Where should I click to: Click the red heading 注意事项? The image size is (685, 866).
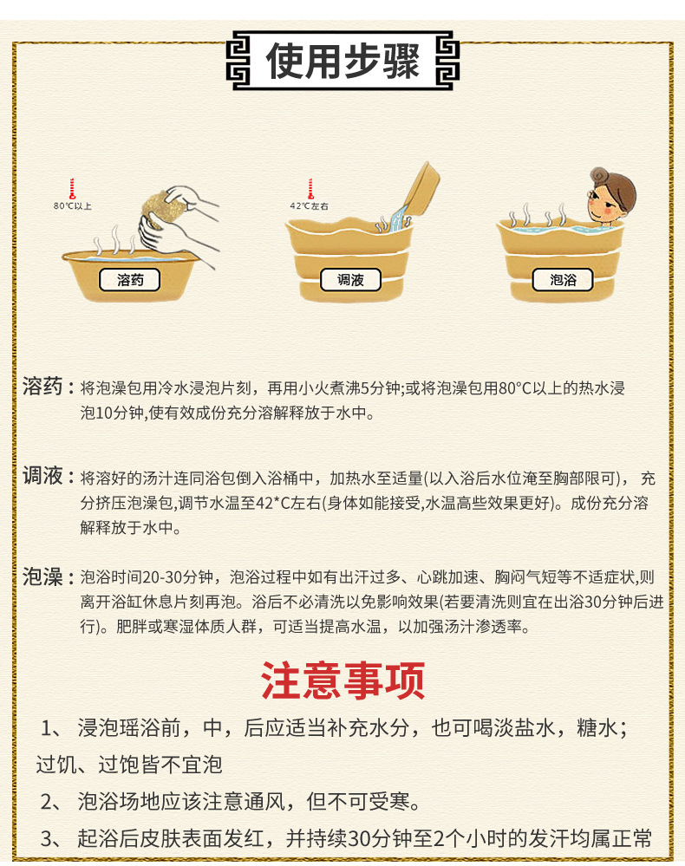point(342,680)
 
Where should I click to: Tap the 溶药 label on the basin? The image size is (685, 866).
point(130,280)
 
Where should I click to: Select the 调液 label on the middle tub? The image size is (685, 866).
point(349,280)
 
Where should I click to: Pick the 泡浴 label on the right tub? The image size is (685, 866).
point(564,280)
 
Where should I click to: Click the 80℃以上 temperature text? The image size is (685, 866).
point(73,205)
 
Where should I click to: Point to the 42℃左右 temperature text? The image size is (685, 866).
point(310,205)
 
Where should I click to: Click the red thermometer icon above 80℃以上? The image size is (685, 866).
point(72,188)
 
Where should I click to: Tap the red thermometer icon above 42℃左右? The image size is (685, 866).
point(309,188)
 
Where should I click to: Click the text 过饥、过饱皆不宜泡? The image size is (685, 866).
point(129,765)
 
